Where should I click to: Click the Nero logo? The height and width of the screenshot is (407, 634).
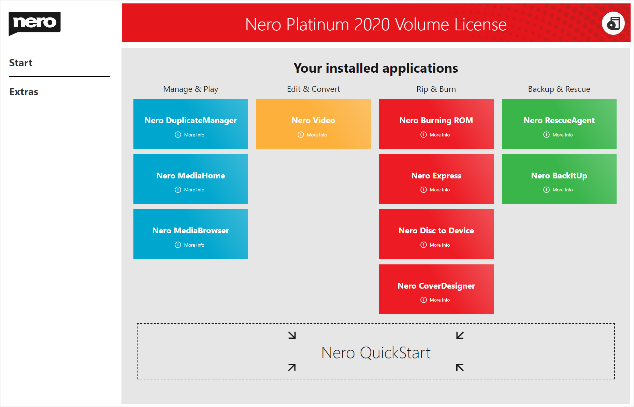pyautogui.click(x=34, y=23)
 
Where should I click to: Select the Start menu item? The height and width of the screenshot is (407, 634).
pyautogui.click(x=21, y=63)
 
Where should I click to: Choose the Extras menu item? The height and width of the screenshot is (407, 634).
pyautogui.click(x=24, y=92)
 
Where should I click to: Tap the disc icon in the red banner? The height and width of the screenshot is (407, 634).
pyautogui.click(x=613, y=23)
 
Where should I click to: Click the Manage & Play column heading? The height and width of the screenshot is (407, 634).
pyautogui.click(x=190, y=89)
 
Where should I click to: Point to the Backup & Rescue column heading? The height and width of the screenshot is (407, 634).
pyautogui.click(x=559, y=89)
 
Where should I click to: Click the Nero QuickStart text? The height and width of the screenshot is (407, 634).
pyautogui.click(x=376, y=353)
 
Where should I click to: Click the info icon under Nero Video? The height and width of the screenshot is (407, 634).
pyautogui.click(x=301, y=135)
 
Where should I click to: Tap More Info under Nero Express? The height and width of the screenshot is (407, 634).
pyautogui.click(x=440, y=190)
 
